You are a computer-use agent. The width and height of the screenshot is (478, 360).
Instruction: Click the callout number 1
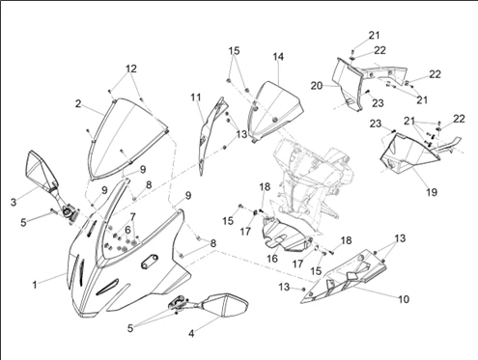[x=35, y=285]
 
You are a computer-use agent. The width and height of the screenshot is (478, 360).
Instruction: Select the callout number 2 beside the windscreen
[x=78, y=104]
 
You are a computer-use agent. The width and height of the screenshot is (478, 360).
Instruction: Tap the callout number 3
[x=14, y=203]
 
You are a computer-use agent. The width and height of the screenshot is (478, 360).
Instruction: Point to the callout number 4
[x=191, y=334]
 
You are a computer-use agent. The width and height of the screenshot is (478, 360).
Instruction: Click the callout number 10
[x=404, y=299]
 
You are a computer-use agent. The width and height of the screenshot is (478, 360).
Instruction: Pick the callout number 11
[x=196, y=97]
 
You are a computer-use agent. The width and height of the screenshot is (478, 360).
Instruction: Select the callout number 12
[x=131, y=69]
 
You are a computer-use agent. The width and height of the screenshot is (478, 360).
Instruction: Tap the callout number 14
[x=278, y=57]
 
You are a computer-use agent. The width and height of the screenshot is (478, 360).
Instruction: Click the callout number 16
[x=272, y=259]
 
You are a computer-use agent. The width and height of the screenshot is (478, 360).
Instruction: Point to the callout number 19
[x=432, y=192]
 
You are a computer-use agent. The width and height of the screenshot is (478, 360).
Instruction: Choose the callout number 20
[x=317, y=86]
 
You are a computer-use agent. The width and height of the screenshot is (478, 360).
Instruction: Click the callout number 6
[x=127, y=230]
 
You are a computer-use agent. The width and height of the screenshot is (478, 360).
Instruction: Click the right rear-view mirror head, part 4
[x=225, y=305]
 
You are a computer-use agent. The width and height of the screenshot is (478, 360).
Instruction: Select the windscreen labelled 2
[x=128, y=138]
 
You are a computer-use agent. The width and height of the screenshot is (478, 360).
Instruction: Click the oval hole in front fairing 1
[x=150, y=260]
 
